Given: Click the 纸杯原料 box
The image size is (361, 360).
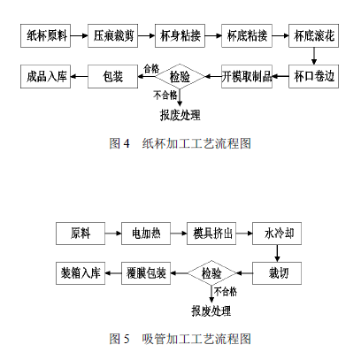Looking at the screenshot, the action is click(45, 35).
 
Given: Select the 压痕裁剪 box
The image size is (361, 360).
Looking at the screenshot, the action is click(112, 35).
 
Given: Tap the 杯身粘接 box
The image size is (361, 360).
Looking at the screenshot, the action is click(180, 35).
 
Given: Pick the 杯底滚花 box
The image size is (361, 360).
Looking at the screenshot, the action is click(313, 35).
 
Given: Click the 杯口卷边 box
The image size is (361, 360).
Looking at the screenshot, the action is click(313, 76).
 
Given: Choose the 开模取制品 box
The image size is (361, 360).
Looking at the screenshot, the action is click(247, 76).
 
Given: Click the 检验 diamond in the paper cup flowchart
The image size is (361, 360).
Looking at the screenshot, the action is click(180, 76).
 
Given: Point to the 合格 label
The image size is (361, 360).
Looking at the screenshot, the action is click(151, 69).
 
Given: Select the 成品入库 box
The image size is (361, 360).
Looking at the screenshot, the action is click(45, 76).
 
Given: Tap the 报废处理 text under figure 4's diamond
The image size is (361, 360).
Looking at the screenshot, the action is click(180, 115).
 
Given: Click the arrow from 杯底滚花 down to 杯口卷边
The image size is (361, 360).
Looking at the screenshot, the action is click(314, 56).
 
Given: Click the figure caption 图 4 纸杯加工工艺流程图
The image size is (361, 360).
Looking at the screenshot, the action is click(180, 143).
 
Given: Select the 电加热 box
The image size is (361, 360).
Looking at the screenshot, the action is click(146, 234).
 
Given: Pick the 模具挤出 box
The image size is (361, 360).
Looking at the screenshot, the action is click(211, 234).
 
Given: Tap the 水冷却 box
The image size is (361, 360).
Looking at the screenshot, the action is click(277, 234).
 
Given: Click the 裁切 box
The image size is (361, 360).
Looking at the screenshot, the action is click(277, 273).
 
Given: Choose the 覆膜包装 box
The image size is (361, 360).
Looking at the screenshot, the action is click(146, 273).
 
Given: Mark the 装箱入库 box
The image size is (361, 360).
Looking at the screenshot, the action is click(81, 273).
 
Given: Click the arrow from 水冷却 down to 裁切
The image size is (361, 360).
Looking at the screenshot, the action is click(277, 253).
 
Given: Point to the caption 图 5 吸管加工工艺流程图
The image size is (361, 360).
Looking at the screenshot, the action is click(180, 339).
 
